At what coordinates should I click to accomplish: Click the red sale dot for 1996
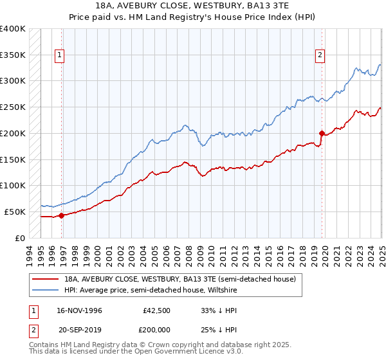(62, 216)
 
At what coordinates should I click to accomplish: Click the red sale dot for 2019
(322, 134)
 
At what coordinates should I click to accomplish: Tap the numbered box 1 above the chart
(59, 55)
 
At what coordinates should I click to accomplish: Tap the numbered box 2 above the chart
(320, 55)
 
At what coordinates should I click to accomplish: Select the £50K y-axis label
(15, 212)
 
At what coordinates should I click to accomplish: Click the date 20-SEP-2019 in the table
(78, 328)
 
